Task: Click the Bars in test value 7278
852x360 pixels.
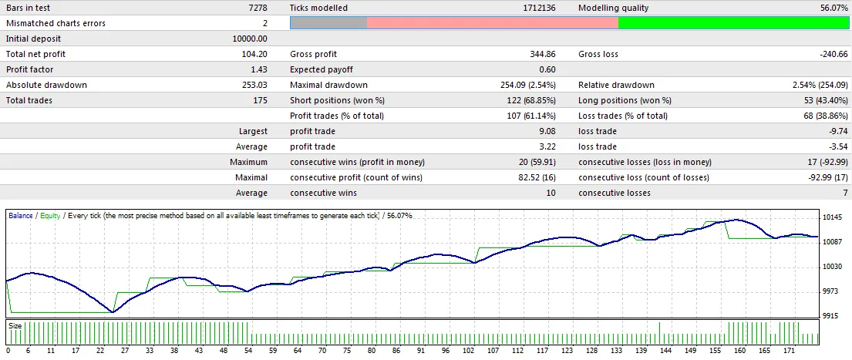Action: coord(257,8)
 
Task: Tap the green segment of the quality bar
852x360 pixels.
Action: coord(733,23)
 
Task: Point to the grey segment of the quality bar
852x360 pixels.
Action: coord(328,23)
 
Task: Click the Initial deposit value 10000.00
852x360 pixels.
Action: coord(250,39)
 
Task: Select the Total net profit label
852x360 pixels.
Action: coord(35,54)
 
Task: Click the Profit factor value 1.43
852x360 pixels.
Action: coord(258,69)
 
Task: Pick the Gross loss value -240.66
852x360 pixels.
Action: coord(831,54)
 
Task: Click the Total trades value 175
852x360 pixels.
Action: coord(260,100)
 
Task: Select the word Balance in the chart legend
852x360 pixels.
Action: coord(21,216)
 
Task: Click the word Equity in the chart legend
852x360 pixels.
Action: coord(49,216)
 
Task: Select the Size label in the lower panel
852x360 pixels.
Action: coord(15,326)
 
